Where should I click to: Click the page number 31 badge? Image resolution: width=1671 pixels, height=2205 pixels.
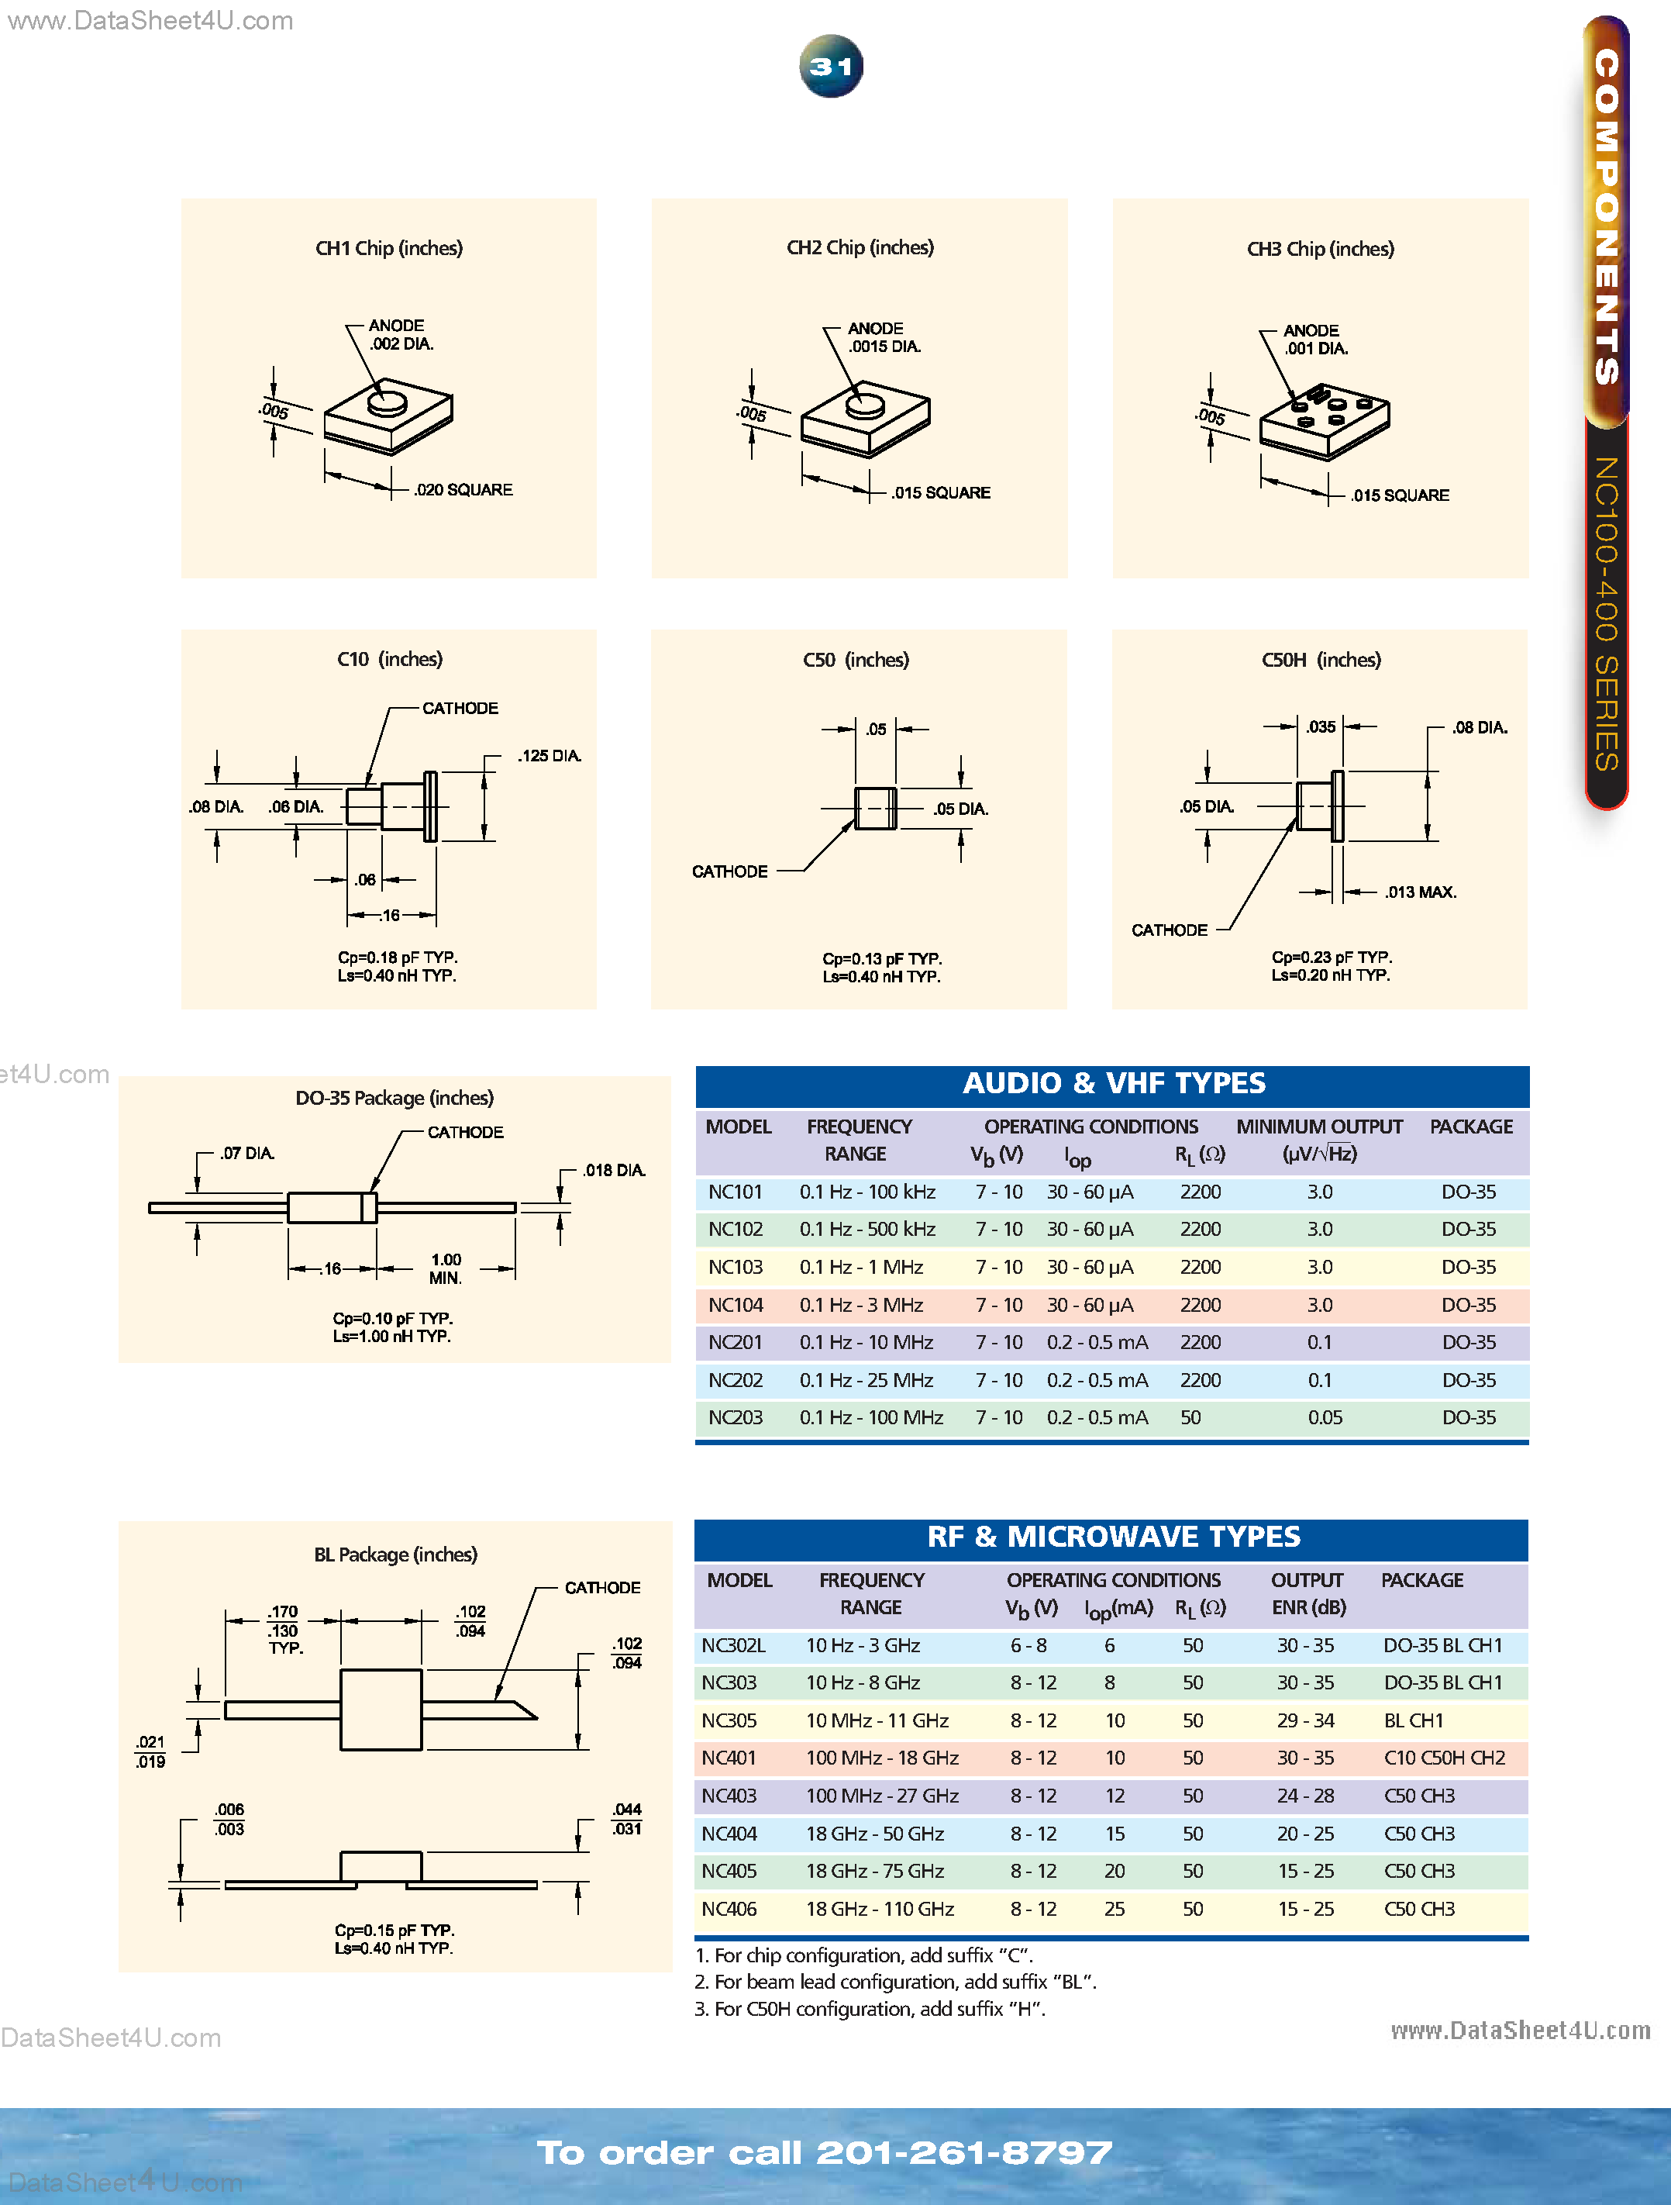point(831,67)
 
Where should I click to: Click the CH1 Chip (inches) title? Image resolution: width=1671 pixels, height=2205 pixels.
point(388,248)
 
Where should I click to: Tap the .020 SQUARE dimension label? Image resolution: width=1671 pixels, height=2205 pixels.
point(463,489)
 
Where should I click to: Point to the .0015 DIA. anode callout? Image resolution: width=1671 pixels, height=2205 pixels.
point(884,347)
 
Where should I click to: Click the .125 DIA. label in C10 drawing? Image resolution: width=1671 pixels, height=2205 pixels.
point(549,756)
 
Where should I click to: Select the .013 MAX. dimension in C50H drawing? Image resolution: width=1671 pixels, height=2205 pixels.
point(1420,892)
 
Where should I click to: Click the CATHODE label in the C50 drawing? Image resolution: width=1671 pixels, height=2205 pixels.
point(729,871)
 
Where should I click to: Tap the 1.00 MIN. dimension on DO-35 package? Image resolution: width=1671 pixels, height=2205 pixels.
point(446,1268)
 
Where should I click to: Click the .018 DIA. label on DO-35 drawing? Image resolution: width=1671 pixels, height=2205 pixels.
point(615,1170)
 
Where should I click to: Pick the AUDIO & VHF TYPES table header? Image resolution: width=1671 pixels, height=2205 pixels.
point(1112,1084)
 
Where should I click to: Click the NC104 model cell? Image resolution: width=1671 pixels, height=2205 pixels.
point(736,1305)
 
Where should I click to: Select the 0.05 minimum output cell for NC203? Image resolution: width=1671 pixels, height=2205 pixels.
point(1325,1417)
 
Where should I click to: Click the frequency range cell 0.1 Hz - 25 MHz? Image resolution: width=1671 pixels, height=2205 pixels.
point(866,1381)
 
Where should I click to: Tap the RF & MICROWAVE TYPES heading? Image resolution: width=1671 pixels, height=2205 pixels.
point(1112,1537)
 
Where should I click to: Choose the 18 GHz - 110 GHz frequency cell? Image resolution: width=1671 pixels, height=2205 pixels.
point(880,1909)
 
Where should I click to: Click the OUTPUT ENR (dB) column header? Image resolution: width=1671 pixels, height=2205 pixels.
point(1308,1594)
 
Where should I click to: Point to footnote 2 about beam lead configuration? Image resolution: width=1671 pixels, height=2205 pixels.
point(894,1982)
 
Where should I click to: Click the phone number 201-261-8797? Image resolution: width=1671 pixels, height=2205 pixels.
point(963,2152)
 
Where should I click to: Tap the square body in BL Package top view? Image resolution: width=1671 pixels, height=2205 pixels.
point(381,1710)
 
